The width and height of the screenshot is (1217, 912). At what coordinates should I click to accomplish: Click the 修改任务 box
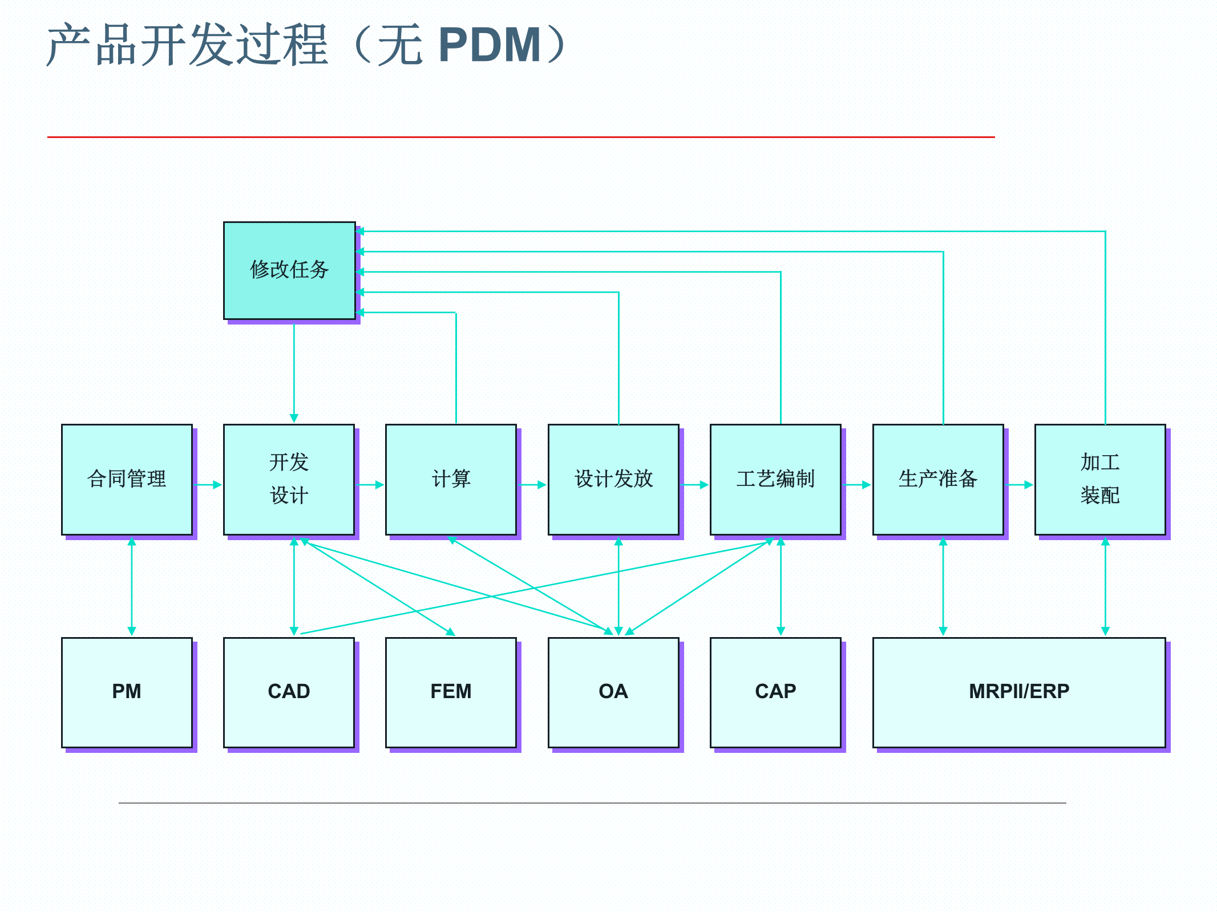click(289, 270)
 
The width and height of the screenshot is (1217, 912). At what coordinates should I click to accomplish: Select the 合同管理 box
click(127, 479)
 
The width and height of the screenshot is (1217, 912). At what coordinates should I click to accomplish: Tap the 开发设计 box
click(289, 479)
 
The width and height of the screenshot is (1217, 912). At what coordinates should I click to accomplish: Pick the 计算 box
click(451, 479)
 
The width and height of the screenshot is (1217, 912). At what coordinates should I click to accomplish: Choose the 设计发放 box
click(613, 479)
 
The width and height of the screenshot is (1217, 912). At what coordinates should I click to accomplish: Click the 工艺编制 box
click(775, 479)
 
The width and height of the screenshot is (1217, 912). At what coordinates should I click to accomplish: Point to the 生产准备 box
click(938, 479)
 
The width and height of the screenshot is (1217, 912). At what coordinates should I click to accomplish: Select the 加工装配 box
click(1100, 479)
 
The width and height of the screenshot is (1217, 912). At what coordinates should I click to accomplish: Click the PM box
click(127, 692)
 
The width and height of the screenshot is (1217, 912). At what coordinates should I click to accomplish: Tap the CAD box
click(289, 692)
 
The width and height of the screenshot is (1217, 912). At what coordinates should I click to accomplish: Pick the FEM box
click(451, 692)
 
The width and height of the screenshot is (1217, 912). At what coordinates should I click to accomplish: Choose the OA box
click(613, 692)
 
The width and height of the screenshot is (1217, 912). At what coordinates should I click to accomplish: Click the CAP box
click(775, 692)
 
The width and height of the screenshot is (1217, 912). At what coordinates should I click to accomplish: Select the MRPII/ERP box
click(1019, 692)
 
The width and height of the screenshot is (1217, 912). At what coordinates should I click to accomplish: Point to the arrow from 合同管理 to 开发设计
click(208, 485)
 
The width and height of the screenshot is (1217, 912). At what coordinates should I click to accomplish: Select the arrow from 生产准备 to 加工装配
click(1020, 485)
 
